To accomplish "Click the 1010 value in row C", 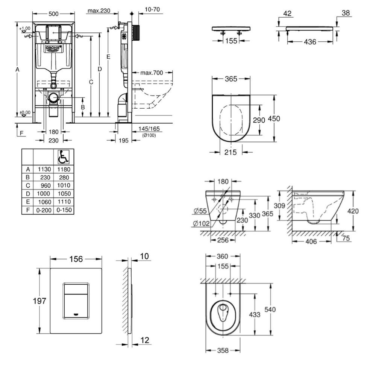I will tap(64, 185).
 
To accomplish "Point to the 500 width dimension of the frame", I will tap(53, 14).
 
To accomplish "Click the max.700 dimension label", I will tap(152, 73).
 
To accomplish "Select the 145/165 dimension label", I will tap(149, 129).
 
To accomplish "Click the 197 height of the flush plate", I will tap(39, 301).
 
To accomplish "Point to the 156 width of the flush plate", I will tap(76, 259).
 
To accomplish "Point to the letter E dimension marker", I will tap(108, 57).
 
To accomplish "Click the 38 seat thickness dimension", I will tap(346, 13).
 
